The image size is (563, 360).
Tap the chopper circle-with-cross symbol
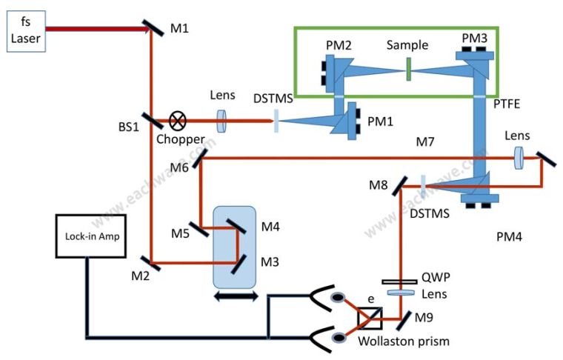(x=179, y=119)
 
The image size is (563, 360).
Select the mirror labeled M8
(x=401, y=184)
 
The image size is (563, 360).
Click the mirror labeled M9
(x=400, y=320)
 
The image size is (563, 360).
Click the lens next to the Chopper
(x=221, y=120)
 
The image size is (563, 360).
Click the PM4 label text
(x=511, y=238)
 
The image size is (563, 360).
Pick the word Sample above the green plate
(x=407, y=45)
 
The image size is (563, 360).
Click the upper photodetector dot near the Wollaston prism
(x=339, y=298)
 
